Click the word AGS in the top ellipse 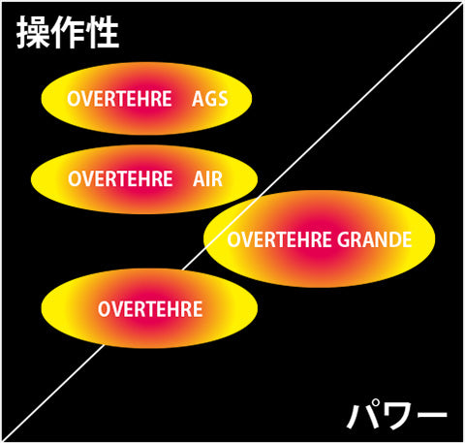pos(210,99)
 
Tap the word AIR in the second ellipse pos(208,179)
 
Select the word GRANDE pos(375,239)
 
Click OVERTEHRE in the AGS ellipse pos(119,99)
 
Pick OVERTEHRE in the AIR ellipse pos(120,179)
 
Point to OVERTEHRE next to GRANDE pos(279,239)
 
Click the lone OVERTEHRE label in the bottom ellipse pos(150,309)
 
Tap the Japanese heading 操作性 pos(68,32)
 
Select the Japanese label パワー pos(397,414)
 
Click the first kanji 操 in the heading pos(33,32)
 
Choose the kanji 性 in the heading pos(104,32)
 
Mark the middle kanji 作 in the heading pos(69,32)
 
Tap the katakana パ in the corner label pos(362,414)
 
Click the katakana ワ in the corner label pos(397,415)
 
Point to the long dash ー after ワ pos(431,415)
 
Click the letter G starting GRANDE pos(343,239)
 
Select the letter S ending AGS pos(223,99)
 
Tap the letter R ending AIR pos(217,179)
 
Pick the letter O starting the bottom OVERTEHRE pos(105,309)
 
